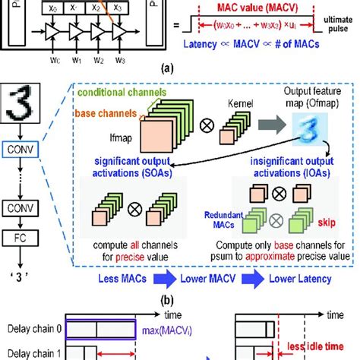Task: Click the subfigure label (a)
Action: (x=180, y=66)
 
